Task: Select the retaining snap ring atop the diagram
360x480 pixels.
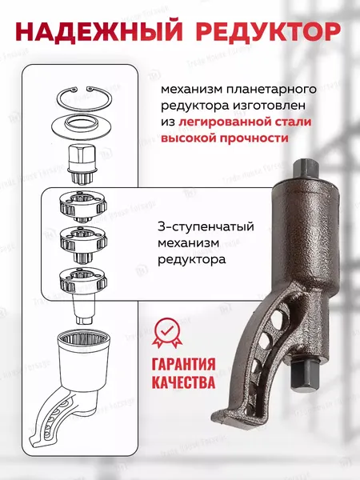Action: point(84,100)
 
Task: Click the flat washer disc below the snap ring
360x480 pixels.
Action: point(84,125)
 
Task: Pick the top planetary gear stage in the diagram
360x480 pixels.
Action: point(84,206)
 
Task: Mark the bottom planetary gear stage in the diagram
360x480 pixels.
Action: point(84,280)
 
